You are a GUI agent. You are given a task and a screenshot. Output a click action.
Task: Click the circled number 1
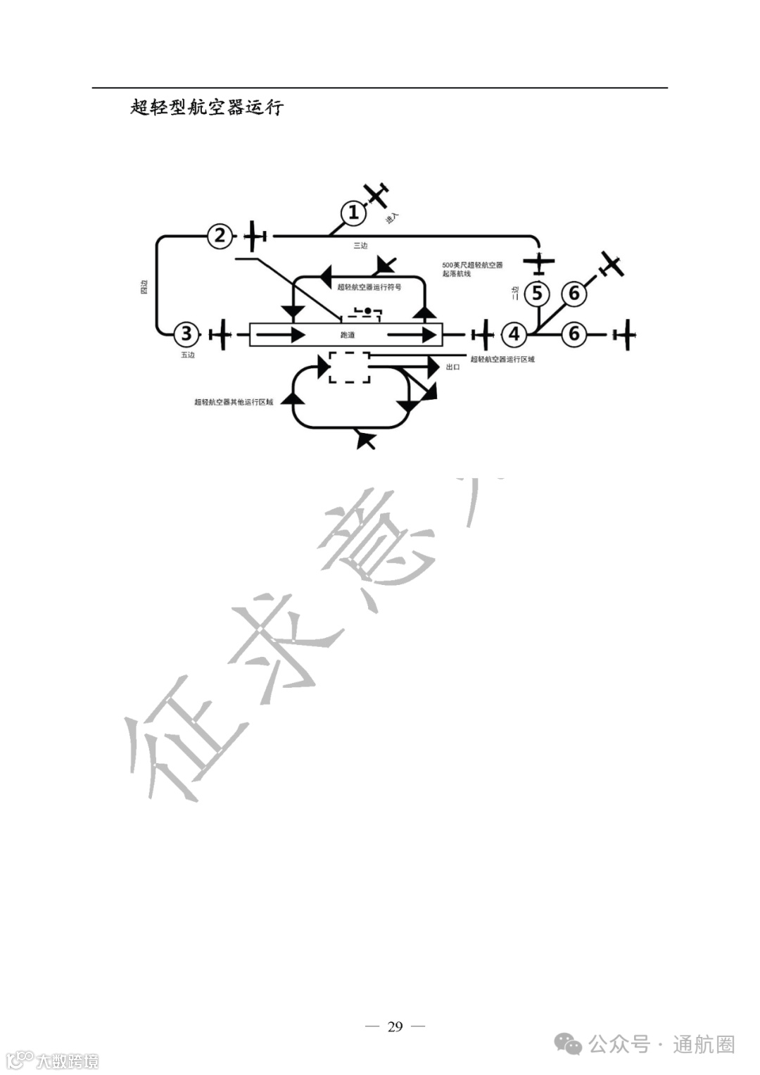point(353,212)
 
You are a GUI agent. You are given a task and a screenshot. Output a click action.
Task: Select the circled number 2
point(220,236)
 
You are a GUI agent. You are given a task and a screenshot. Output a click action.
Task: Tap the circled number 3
point(186,334)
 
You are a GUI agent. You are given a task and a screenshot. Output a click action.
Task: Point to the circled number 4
point(514,334)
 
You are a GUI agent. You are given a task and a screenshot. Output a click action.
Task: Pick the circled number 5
point(538,293)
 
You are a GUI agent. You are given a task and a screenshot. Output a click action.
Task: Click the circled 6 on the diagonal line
point(574,293)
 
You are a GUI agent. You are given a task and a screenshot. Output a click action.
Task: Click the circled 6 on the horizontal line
point(574,334)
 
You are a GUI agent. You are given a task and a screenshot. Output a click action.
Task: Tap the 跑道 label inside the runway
point(347,335)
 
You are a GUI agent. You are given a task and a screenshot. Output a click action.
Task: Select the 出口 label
point(453,367)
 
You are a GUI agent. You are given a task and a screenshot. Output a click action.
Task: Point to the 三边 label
point(360,246)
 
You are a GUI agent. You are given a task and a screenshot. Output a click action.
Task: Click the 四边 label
point(144,287)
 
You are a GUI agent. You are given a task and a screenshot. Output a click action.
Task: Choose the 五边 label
point(187,355)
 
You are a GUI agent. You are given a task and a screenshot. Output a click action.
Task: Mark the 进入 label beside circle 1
point(392,218)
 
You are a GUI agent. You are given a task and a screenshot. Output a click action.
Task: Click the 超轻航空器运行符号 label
point(369,287)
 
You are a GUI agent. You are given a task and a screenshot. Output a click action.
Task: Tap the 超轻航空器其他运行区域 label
point(234,402)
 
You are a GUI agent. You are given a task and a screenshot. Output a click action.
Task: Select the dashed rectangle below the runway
point(350,367)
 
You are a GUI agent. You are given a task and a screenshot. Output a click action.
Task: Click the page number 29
point(395,1026)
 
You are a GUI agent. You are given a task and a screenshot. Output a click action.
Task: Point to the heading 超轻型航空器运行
point(207,107)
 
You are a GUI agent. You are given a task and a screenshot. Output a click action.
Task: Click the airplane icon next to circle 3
point(221,334)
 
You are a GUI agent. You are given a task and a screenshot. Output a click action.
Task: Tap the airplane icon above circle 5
point(539,263)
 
